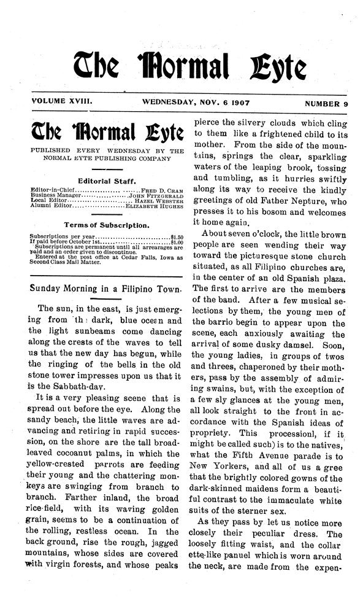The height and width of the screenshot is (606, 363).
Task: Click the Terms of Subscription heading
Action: point(107,225)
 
